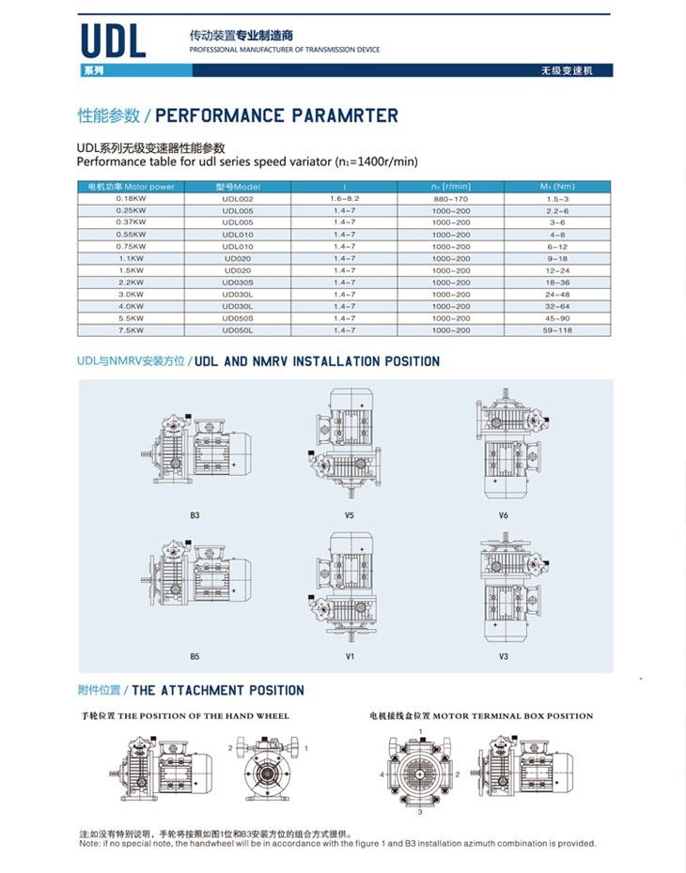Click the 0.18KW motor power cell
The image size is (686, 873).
tap(131, 199)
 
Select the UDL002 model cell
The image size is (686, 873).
tap(238, 199)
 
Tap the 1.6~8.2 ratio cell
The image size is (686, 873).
tap(345, 199)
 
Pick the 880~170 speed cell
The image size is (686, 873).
tap(451, 199)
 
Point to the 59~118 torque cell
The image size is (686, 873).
tap(557, 330)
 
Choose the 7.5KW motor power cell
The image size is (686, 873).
tap(131, 330)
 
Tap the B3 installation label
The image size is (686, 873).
tap(195, 515)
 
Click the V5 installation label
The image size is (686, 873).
tap(349, 515)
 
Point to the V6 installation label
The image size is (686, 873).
tap(504, 515)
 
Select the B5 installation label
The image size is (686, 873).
tap(195, 656)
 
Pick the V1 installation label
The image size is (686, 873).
tap(349, 656)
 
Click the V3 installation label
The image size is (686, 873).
tap(504, 656)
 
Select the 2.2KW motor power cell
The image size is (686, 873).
tap(131, 282)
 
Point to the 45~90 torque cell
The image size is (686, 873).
tap(557, 319)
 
